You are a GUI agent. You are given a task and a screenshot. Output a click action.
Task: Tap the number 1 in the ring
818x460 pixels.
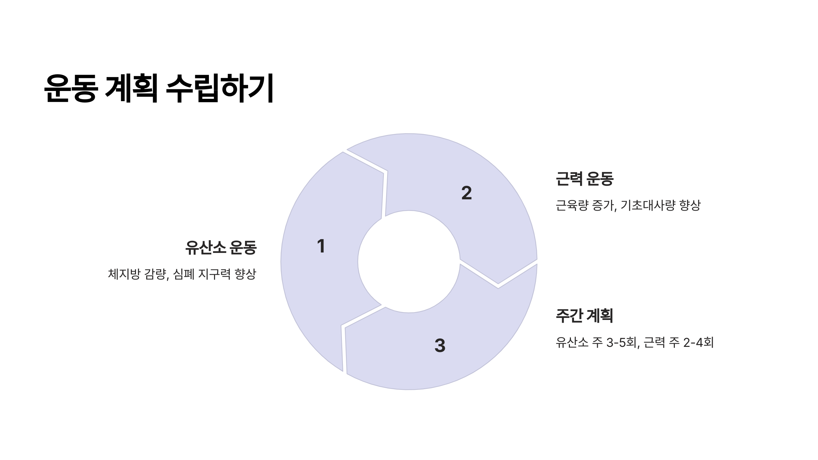click(321, 246)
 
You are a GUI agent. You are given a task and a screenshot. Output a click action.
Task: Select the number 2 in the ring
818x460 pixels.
click(467, 193)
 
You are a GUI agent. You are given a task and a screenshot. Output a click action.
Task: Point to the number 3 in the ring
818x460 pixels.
click(440, 346)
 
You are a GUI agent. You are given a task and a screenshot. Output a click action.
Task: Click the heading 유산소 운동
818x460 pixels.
click(221, 247)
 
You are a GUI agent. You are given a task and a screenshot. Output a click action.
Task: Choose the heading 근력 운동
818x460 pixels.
click(584, 179)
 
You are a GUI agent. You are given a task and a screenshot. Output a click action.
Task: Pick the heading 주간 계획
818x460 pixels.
click(584, 316)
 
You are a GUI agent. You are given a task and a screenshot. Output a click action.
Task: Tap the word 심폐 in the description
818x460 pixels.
click(184, 274)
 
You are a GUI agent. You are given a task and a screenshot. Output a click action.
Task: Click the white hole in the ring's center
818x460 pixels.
click(409, 262)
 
